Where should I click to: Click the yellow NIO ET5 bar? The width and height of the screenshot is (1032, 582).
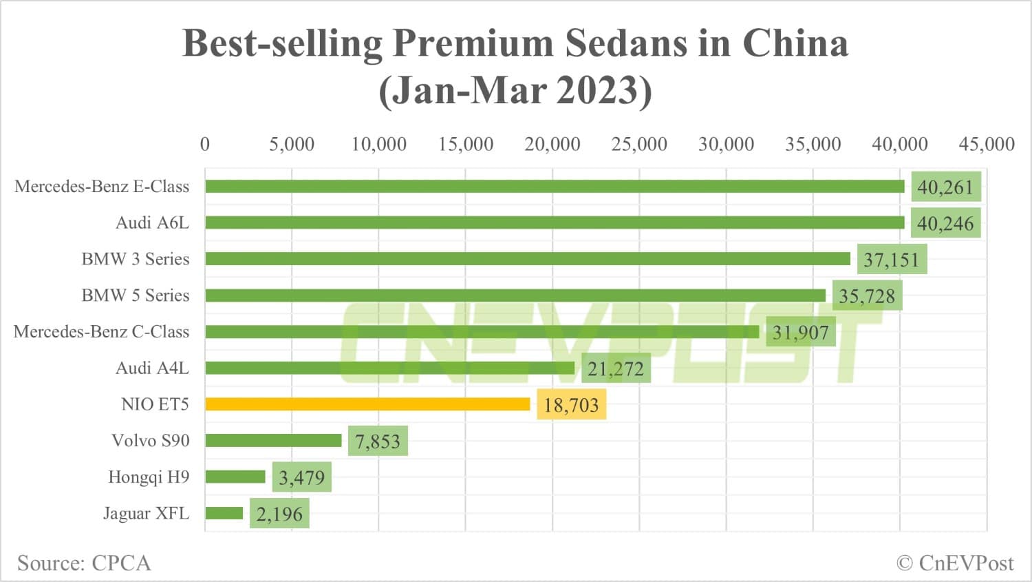[367, 404]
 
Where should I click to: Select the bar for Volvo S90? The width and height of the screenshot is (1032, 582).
[273, 441]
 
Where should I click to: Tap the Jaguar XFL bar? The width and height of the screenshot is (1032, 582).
[224, 513]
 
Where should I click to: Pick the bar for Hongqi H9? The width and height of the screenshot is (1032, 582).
[235, 477]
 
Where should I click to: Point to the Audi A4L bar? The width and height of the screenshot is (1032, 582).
[389, 368]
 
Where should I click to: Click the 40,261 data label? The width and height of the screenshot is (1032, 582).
[945, 187]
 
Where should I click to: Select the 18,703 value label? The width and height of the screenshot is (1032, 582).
[571, 405]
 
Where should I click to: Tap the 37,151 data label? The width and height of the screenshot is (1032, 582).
[891, 260]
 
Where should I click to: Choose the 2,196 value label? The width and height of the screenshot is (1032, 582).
[279, 514]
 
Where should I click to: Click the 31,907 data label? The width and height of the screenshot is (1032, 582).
[800, 333]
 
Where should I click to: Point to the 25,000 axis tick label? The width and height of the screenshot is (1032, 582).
[639, 144]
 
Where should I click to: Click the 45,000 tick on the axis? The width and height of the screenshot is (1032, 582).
[986, 144]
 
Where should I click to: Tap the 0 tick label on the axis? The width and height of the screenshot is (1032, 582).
[205, 144]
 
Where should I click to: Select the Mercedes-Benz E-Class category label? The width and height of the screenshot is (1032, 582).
[102, 187]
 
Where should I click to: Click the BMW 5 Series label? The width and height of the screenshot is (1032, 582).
[135, 295]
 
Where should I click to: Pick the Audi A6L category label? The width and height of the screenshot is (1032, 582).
[152, 223]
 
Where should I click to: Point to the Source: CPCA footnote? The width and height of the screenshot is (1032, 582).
[84, 563]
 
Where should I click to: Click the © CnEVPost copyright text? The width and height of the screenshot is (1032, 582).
[955, 563]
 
